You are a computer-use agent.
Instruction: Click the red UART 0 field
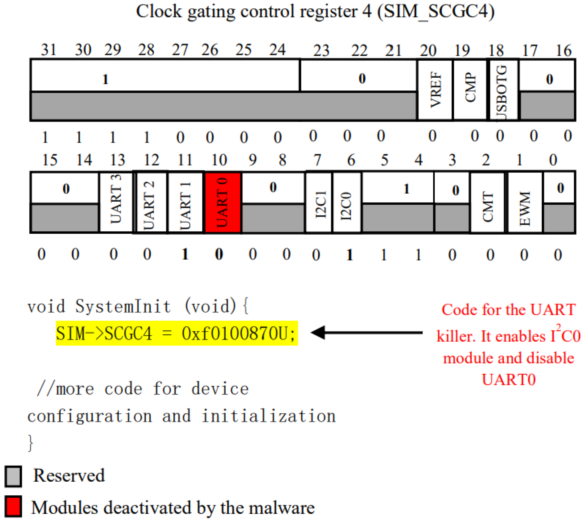tap(223, 202)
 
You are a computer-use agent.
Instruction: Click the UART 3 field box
tap(116, 202)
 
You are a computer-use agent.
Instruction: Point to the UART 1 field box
tap(186, 202)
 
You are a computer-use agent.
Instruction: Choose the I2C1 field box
tap(319, 202)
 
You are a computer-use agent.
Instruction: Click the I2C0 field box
tap(347, 202)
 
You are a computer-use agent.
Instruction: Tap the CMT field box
tap(488, 202)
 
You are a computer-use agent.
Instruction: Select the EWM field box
tap(525, 202)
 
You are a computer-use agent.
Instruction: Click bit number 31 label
tap(48, 50)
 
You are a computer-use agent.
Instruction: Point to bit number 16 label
tap(564, 50)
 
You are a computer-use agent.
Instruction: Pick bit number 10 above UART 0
tap(219, 160)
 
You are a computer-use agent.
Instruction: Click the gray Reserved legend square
tap(13, 476)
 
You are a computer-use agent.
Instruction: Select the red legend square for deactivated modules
tap(13, 506)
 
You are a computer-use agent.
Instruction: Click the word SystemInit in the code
tap(123, 306)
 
